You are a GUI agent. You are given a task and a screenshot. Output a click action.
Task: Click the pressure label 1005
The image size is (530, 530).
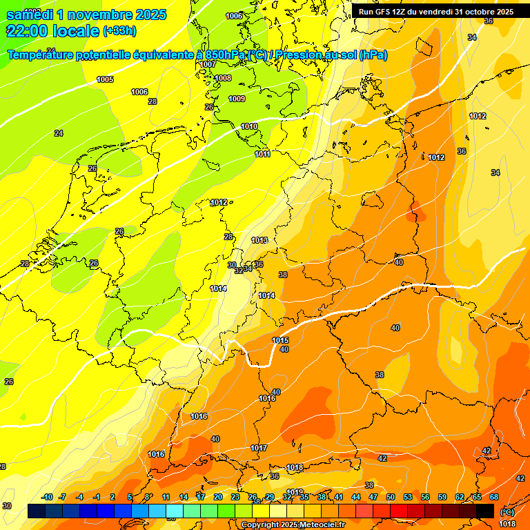105,79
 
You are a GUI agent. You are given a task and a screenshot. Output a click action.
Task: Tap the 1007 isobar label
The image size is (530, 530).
208,64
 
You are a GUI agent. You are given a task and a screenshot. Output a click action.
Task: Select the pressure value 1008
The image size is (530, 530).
222,78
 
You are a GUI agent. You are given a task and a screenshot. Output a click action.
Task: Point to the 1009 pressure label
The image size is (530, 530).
237,99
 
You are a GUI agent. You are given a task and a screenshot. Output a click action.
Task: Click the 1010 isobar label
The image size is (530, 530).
249,126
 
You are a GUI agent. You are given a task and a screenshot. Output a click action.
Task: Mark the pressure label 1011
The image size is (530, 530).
262,154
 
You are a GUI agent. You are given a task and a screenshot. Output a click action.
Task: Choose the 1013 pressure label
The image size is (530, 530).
259,240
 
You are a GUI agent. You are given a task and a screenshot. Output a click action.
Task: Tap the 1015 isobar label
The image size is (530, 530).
280,340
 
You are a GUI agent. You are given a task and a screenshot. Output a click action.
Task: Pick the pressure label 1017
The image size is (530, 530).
259,448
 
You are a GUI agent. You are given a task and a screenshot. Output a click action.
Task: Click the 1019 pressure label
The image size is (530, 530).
295,492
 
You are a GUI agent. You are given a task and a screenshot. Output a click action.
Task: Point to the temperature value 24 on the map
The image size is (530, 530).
59,133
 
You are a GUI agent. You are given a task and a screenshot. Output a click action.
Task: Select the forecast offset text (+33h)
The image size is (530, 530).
119,31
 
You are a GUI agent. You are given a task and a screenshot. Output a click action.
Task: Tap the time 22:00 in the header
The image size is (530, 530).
26,31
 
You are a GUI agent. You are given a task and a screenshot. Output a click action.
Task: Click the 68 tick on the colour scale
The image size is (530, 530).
494,497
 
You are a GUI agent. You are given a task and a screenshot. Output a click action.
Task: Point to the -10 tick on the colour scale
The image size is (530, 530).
47,497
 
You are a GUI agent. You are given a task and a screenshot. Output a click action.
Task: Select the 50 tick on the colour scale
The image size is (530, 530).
391,497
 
